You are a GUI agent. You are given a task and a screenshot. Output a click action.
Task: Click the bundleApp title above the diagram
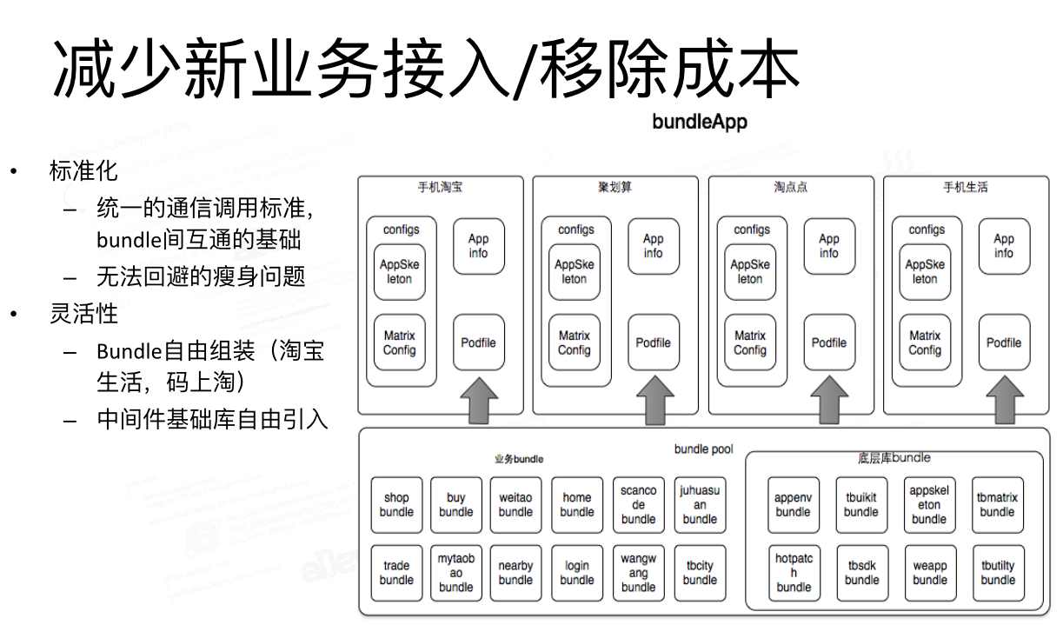point(700,121)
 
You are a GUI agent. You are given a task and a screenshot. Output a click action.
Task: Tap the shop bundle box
point(396,505)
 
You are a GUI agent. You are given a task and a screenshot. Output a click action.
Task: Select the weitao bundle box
point(515,505)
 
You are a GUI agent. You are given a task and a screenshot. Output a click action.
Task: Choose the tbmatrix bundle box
point(997,505)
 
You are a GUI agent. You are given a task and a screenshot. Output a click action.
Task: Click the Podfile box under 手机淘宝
point(478,342)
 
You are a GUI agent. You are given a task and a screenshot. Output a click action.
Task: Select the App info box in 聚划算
point(654,246)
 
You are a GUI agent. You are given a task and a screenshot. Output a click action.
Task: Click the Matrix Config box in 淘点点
point(750,342)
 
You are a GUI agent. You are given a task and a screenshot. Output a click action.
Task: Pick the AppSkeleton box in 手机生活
point(925,272)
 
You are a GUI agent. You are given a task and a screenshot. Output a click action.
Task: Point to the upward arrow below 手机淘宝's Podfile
point(478,400)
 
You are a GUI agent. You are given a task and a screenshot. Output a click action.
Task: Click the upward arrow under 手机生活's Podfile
point(1004,400)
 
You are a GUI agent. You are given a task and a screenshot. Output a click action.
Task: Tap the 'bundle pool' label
point(703,449)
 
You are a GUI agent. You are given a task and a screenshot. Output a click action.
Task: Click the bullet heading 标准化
point(83,171)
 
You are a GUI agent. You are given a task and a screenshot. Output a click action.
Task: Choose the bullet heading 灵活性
point(83,313)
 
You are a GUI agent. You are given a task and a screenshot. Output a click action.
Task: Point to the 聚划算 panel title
point(615,187)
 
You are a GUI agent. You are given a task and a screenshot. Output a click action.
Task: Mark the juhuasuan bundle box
point(700,505)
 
